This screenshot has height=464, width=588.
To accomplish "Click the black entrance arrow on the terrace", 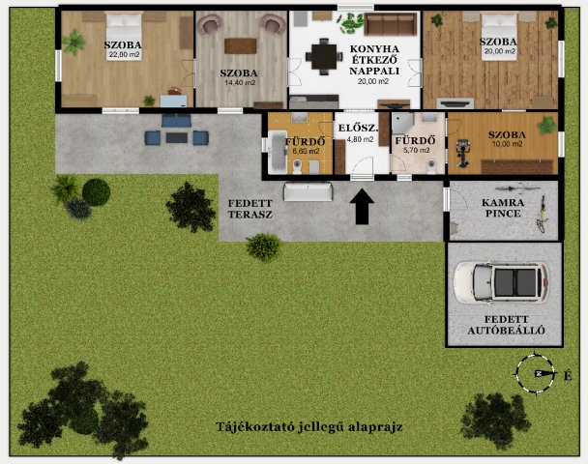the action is coord(362,207).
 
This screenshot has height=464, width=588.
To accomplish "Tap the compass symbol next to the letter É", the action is coord(535,373).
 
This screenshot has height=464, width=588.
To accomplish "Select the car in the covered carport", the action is coord(501,281).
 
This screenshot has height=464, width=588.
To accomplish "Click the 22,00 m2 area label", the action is coord(125,55).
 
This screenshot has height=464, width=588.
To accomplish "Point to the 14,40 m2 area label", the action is coord(239,82).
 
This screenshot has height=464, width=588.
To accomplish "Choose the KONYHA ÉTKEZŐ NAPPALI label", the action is coord(374,60).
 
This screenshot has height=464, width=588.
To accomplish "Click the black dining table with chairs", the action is coord(324,57).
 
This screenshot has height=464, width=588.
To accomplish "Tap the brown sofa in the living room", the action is coord(391,23).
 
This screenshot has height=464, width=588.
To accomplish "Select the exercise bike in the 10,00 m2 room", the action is coord(462,153).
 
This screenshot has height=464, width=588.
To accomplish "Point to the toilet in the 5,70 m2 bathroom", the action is coord(431,166).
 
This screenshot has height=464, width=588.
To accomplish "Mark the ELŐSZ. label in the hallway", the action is coord(358,128).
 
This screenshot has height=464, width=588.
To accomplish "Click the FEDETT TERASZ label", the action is coord(250,209).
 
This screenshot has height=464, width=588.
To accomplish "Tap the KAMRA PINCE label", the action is coord(503,208).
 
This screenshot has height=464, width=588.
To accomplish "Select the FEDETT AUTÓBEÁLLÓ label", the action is coord(506,325).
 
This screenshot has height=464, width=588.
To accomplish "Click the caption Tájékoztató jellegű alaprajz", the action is coord(309,427).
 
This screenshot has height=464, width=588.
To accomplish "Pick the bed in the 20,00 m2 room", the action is coord(499,36).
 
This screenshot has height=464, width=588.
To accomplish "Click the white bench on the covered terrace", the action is coord(309,191).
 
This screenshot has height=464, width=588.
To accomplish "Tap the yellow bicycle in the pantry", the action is coord(542,214).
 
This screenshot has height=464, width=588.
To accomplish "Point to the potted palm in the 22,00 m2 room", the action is coord(73,42).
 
